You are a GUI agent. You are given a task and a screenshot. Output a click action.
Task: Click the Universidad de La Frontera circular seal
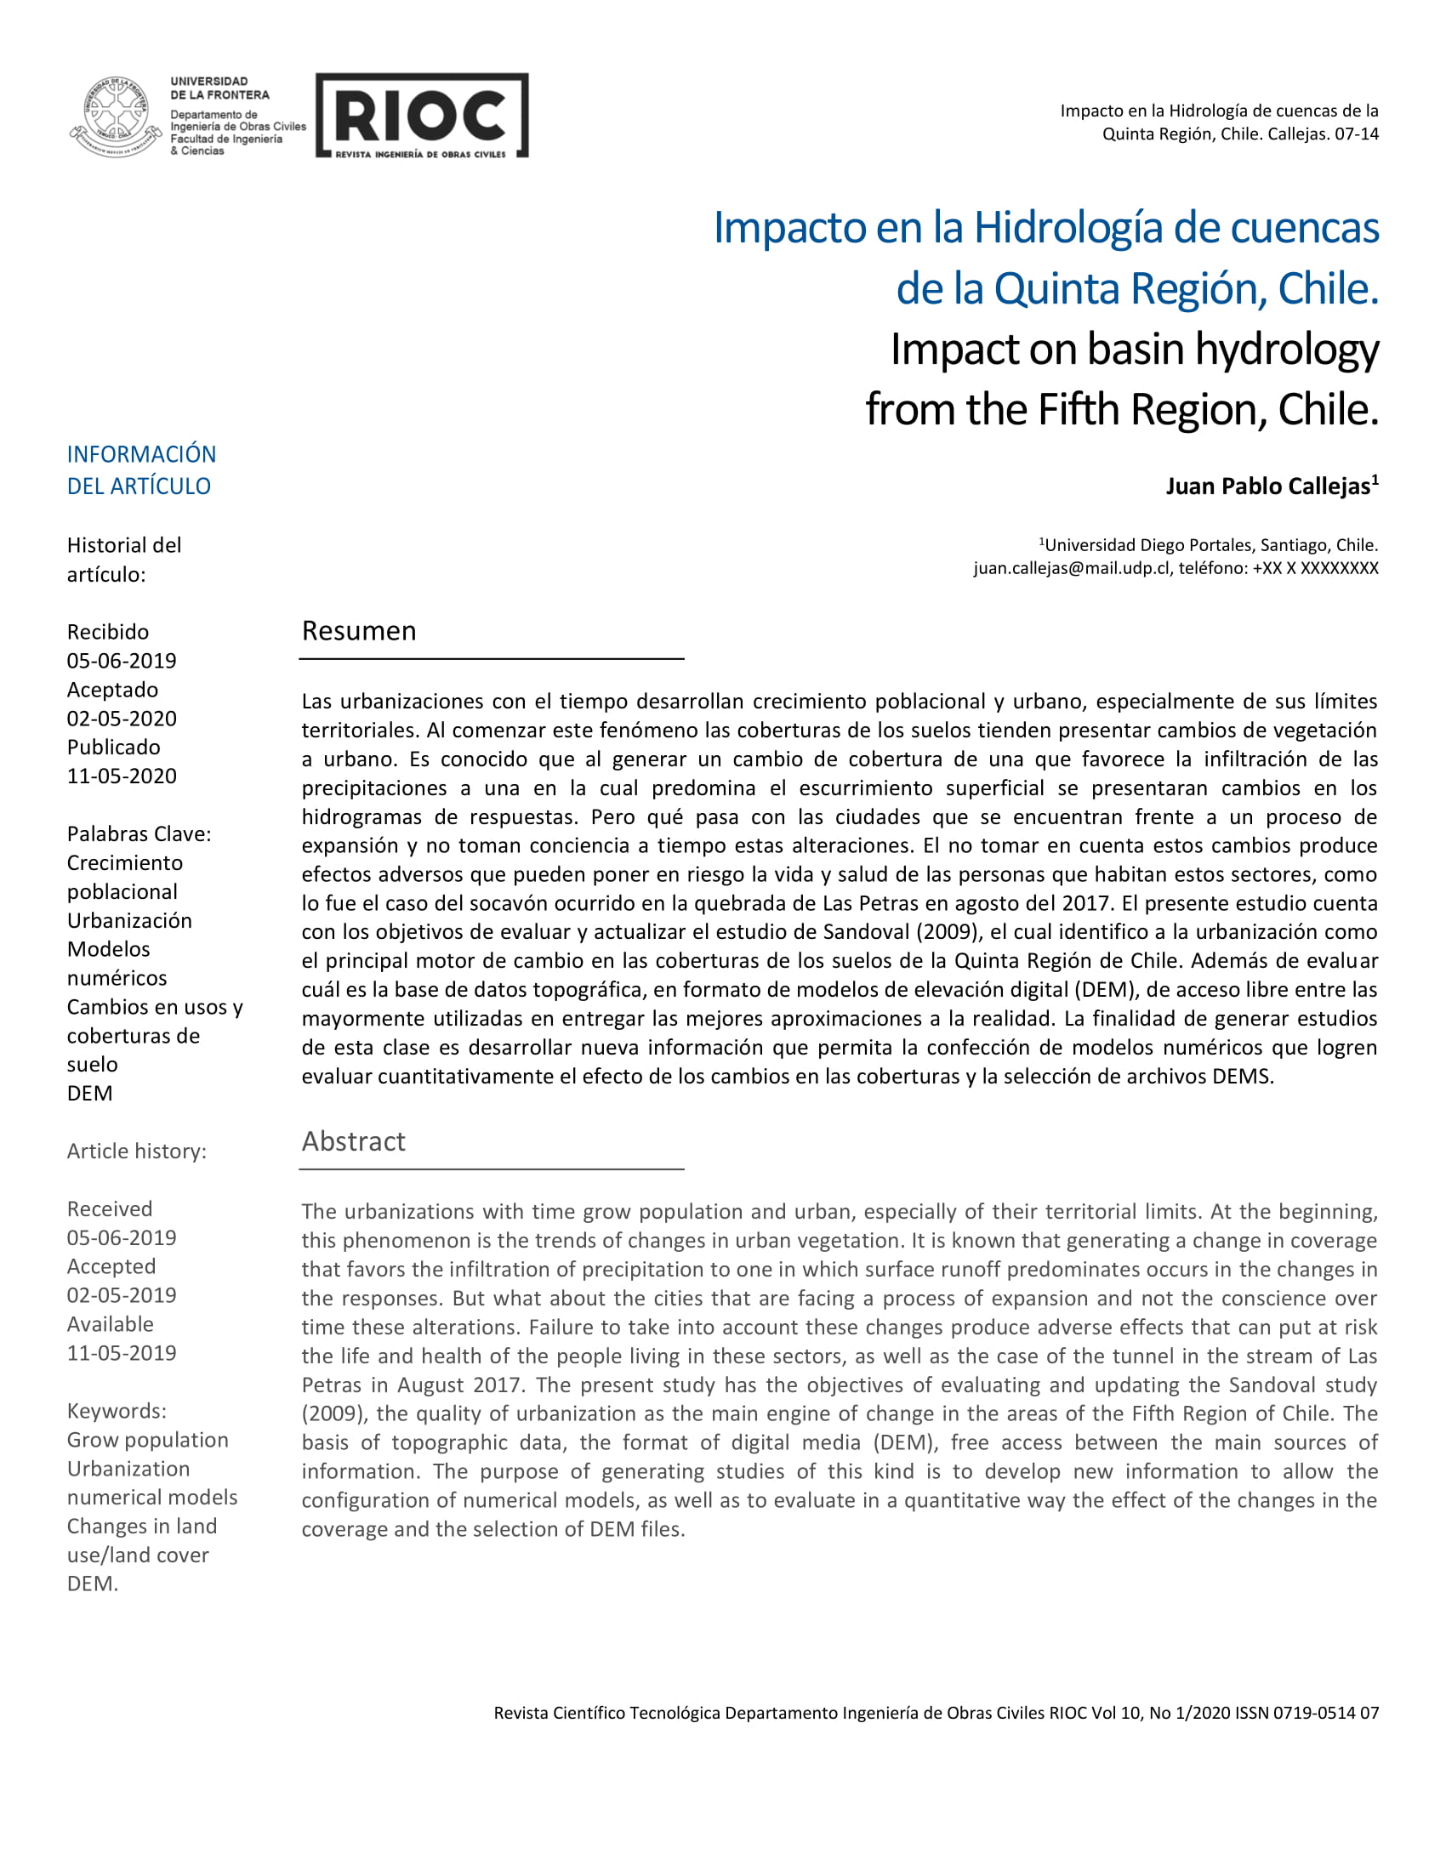[116, 116]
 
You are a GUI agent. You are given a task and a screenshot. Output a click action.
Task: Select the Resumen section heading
[359, 630]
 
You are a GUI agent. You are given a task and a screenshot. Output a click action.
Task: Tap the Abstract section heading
[353, 1141]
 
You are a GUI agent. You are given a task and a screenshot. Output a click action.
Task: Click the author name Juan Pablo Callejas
[1267, 486]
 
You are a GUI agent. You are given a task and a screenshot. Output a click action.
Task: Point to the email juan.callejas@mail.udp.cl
[1071, 568]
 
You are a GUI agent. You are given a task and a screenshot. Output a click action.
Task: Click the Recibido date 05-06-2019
[122, 661]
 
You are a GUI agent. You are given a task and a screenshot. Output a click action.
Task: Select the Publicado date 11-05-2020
[122, 776]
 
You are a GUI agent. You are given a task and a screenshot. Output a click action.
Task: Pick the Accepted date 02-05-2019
[122, 1294]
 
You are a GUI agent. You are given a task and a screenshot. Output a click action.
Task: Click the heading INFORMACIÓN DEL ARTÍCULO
[141, 469]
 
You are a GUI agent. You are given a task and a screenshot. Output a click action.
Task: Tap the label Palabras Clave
[139, 833]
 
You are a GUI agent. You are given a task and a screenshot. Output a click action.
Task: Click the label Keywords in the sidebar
[117, 1410]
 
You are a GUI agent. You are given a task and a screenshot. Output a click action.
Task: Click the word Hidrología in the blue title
[1067, 228]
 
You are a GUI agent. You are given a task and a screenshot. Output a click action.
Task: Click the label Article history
[136, 1151]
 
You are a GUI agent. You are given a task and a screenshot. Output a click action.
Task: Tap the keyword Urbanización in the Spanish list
[129, 920]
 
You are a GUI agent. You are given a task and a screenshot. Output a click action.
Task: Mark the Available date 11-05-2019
[122, 1353]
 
